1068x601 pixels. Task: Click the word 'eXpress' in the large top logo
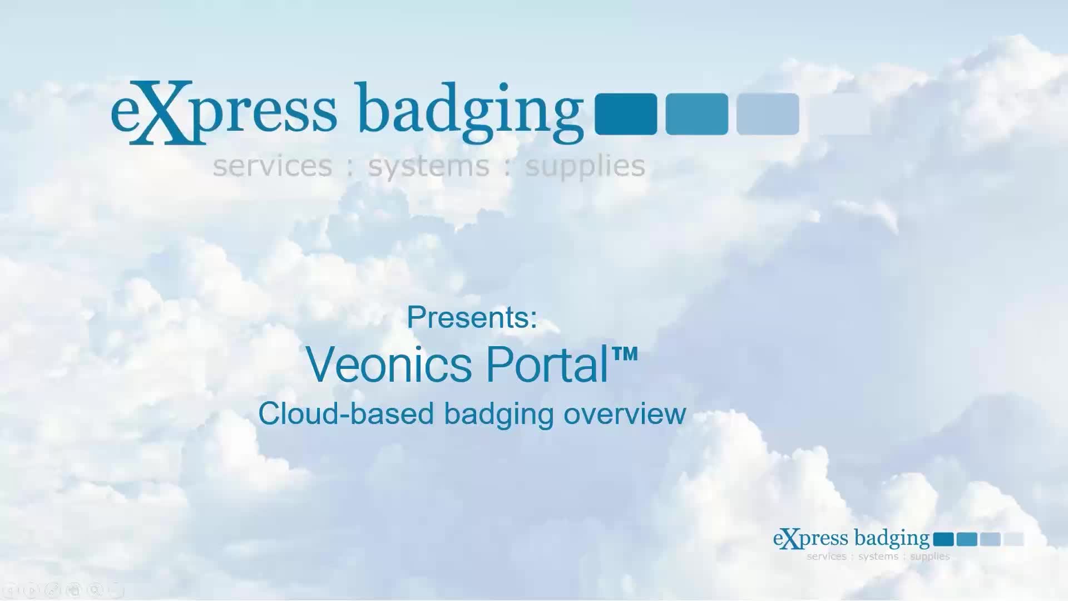(224, 112)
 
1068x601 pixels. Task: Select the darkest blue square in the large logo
(626, 114)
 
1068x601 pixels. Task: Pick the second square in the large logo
(696, 114)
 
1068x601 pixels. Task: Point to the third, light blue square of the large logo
(768, 114)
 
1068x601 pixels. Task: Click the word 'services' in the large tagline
(273, 166)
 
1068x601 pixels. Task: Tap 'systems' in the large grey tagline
(428, 166)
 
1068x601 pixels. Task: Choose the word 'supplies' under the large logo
(585, 166)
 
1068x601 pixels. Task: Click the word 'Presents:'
(472, 317)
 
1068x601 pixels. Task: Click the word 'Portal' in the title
(547, 365)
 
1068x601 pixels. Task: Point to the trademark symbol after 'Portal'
(625, 354)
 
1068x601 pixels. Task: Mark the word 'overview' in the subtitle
(625, 415)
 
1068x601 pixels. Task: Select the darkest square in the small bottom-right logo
(943, 539)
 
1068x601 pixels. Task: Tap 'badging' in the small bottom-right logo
(892, 539)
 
